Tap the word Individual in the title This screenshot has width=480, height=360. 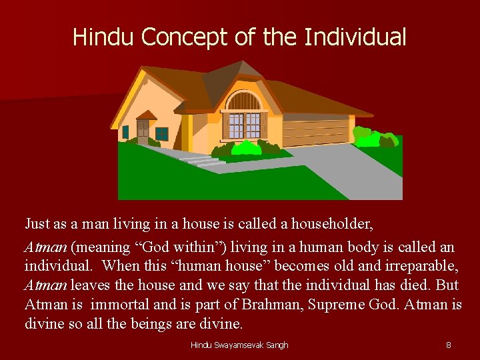(x=355, y=37)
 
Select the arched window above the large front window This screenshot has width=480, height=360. (x=243, y=101)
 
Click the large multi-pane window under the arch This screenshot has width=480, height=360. (x=243, y=125)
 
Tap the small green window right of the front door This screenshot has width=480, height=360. (x=162, y=133)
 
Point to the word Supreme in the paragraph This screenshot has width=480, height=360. (x=364, y=305)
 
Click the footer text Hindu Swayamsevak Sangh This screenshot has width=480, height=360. (x=239, y=345)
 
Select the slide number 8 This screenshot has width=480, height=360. (x=448, y=345)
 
